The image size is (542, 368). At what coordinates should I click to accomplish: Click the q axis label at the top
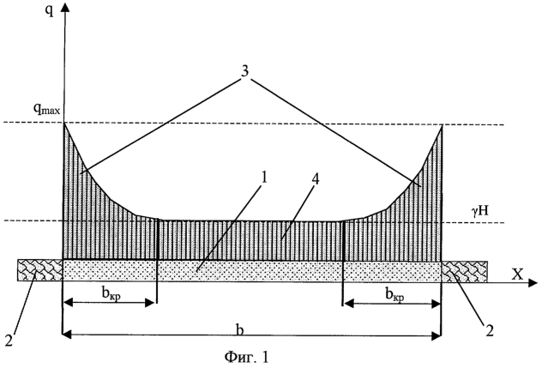50,11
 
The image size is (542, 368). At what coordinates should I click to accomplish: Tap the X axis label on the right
517,274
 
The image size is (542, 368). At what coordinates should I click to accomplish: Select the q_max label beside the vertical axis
46,109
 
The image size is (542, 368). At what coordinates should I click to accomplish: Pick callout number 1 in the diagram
264,178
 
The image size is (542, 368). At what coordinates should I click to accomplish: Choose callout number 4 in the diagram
316,180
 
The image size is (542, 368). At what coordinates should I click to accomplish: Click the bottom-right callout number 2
489,331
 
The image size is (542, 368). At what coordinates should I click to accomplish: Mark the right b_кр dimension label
394,295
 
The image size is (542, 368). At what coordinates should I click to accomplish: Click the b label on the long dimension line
240,329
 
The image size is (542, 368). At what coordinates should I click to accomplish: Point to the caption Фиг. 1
246,357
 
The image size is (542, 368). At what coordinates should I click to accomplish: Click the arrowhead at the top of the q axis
64,6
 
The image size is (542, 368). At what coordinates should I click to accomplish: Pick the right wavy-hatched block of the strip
465,272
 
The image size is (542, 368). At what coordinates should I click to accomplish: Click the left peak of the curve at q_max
64,123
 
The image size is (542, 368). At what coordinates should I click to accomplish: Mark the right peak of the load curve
442,125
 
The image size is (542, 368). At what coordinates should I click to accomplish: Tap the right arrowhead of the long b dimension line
436,335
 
